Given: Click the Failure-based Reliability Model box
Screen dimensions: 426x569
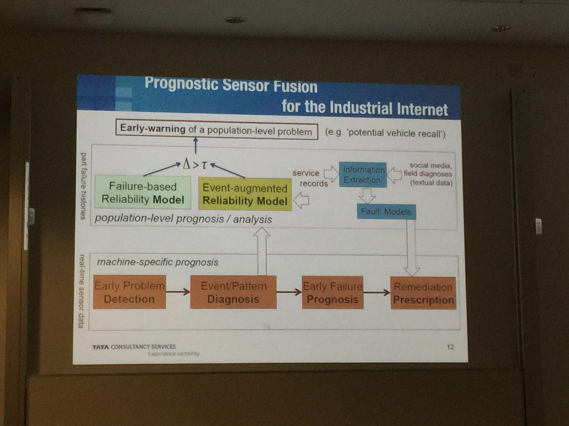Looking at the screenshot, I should pos(143,193).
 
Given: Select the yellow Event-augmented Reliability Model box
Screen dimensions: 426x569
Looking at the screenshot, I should pos(245,195).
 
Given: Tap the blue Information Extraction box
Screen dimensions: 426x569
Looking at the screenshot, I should pos(363,175).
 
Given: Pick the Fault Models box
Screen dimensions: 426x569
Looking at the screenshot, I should pos(386,212).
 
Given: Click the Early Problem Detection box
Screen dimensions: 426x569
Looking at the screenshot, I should pos(129,292).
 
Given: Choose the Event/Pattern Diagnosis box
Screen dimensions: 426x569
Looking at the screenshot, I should pos(233,292).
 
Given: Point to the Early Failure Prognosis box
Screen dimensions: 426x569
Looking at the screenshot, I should pos(333,293).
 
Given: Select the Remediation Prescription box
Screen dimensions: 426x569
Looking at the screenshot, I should pos(423,293).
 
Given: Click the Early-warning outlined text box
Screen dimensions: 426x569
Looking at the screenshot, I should pos(217,131).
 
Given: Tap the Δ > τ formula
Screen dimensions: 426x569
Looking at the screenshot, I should pos(195,164).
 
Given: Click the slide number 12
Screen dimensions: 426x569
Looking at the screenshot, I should pos(450,347).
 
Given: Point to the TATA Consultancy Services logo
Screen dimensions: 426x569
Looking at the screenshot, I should pos(134,347).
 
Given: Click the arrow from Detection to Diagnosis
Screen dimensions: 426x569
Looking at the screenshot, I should pos(178,292).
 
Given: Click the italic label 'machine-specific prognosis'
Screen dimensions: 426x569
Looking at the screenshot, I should pos(158,262).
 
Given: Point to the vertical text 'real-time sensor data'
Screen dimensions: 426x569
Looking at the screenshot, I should pos(82,291).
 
